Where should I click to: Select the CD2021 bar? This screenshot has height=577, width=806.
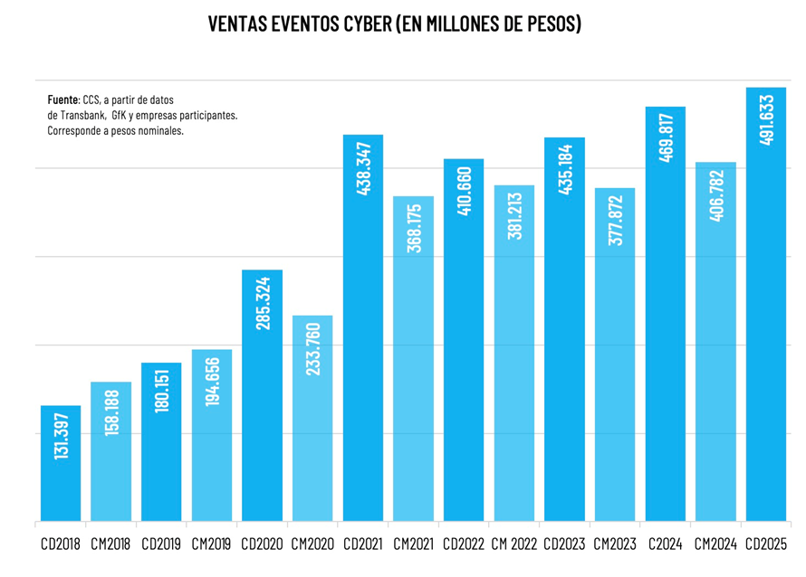(362, 362)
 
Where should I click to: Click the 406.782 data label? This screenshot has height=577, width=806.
(716, 195)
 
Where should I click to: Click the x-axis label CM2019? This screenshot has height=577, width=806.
(212, 545)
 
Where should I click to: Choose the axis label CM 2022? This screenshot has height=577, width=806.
(513, 545)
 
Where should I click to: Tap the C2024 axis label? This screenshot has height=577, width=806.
(666, 545)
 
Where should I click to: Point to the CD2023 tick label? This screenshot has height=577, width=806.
(564, 545)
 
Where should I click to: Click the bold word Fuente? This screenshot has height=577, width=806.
(62, 99)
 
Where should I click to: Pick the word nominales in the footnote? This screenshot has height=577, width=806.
(161, 131)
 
